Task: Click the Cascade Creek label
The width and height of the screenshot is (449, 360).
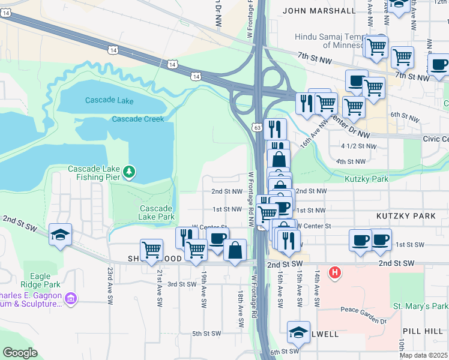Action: click(x=137, y=119)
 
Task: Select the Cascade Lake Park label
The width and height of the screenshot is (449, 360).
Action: click(x=156, y=212)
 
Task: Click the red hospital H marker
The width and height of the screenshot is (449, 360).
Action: click(x=336, y=274)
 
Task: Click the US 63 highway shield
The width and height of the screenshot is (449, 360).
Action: click(x=257, y=127)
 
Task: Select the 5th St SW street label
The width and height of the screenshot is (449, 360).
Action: click(x=206, y=334)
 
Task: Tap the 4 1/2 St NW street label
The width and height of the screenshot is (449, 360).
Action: click(x=358, y=146)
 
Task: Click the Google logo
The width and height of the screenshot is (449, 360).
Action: click(x=20, y=353)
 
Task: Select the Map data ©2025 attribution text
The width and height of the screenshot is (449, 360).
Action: click(x=424, y=355)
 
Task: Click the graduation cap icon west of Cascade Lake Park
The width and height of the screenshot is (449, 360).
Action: click(x=60, y=235)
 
